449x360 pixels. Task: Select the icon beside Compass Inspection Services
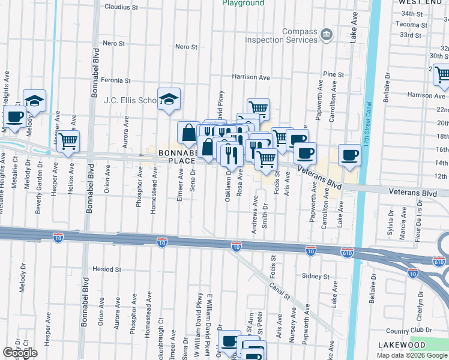tap(327, 34)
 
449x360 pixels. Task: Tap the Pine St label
tap(333, 74)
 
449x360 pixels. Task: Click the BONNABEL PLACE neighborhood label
tap(176, 157)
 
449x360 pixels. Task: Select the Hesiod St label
tap(107, 269)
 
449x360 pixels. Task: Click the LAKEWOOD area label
tap(402, 345)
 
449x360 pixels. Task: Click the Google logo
tap(20, 353)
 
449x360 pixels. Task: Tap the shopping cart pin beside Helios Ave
tap(68, 141)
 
